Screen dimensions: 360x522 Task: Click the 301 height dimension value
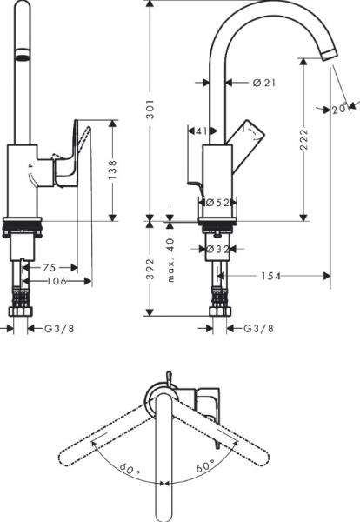click(x=150, y=110)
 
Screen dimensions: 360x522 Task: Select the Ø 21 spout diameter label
click(x=264, y=83)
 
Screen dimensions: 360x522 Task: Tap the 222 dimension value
click(x=304, y=139)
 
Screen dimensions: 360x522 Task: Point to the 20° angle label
click(x=340, y=108)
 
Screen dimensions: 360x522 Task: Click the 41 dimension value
click(x=201, y=130)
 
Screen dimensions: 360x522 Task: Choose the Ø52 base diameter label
click(x=218, y=203)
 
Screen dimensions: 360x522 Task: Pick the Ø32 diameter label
click(x=218, y=249)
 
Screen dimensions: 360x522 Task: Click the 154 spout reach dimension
click(x=270, y=276)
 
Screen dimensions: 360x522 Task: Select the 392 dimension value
click(x=150, y=269)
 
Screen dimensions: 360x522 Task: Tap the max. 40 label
click(x=170, y=260)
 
